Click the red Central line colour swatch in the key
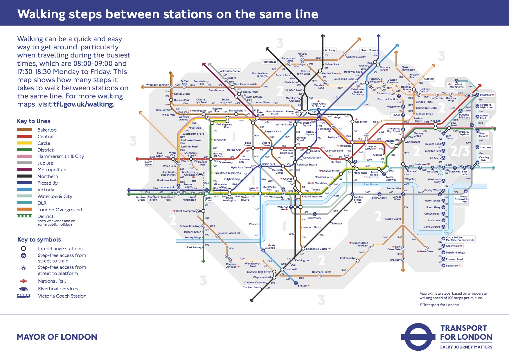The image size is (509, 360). pos(24,136)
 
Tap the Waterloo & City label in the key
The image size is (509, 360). pos(55,197)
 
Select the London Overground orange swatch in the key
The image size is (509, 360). pos(24,210)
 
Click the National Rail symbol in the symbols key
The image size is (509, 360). pos(23,281)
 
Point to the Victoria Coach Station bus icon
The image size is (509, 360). pos(23,296)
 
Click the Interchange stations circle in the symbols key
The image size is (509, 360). pos(24,249)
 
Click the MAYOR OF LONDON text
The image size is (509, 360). pos(57,337)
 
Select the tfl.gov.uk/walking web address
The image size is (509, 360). pos(84,104)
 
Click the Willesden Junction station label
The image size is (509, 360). pos(157,85)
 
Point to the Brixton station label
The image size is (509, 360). pos(302,286)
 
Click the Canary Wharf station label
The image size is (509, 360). pos(432,190)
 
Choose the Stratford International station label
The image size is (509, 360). pos(456,86)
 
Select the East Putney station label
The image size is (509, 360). pos(194,247)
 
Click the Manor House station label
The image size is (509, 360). pos(368,50)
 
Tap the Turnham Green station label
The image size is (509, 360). pos(141,199)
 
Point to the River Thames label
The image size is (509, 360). pos(371,184)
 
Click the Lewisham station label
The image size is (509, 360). pos(452,266)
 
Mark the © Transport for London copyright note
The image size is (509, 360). pos(439,305)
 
